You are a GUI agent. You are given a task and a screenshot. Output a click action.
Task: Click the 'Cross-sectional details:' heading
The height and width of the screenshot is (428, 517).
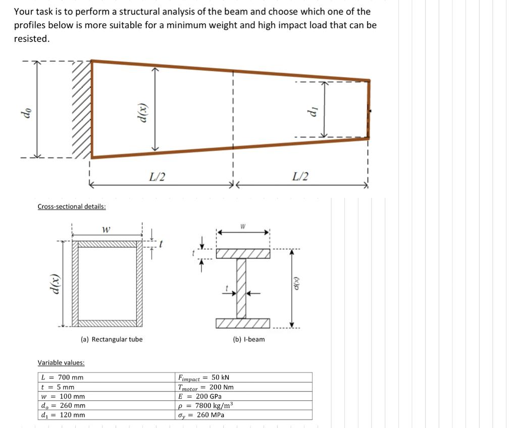[72, 206]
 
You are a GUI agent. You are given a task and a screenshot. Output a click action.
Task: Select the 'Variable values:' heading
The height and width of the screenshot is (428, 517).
[61, 362]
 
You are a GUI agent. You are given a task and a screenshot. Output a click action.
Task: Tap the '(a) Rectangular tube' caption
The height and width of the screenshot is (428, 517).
[112, 339]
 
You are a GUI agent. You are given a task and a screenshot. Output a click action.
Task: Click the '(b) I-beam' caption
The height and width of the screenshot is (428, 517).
[249, 339]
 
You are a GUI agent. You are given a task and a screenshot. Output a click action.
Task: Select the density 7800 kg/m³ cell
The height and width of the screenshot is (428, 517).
[204, 406]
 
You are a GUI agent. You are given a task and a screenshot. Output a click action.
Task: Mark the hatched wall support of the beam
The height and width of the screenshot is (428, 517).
[81, 109]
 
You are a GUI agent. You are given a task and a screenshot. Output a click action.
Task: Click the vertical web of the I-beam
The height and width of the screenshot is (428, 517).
[241, 288]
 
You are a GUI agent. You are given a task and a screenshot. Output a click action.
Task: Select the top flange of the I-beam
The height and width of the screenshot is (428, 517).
[242, 253]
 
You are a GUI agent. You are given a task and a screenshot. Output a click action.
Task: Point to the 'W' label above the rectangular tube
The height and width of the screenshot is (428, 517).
[106, 230]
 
